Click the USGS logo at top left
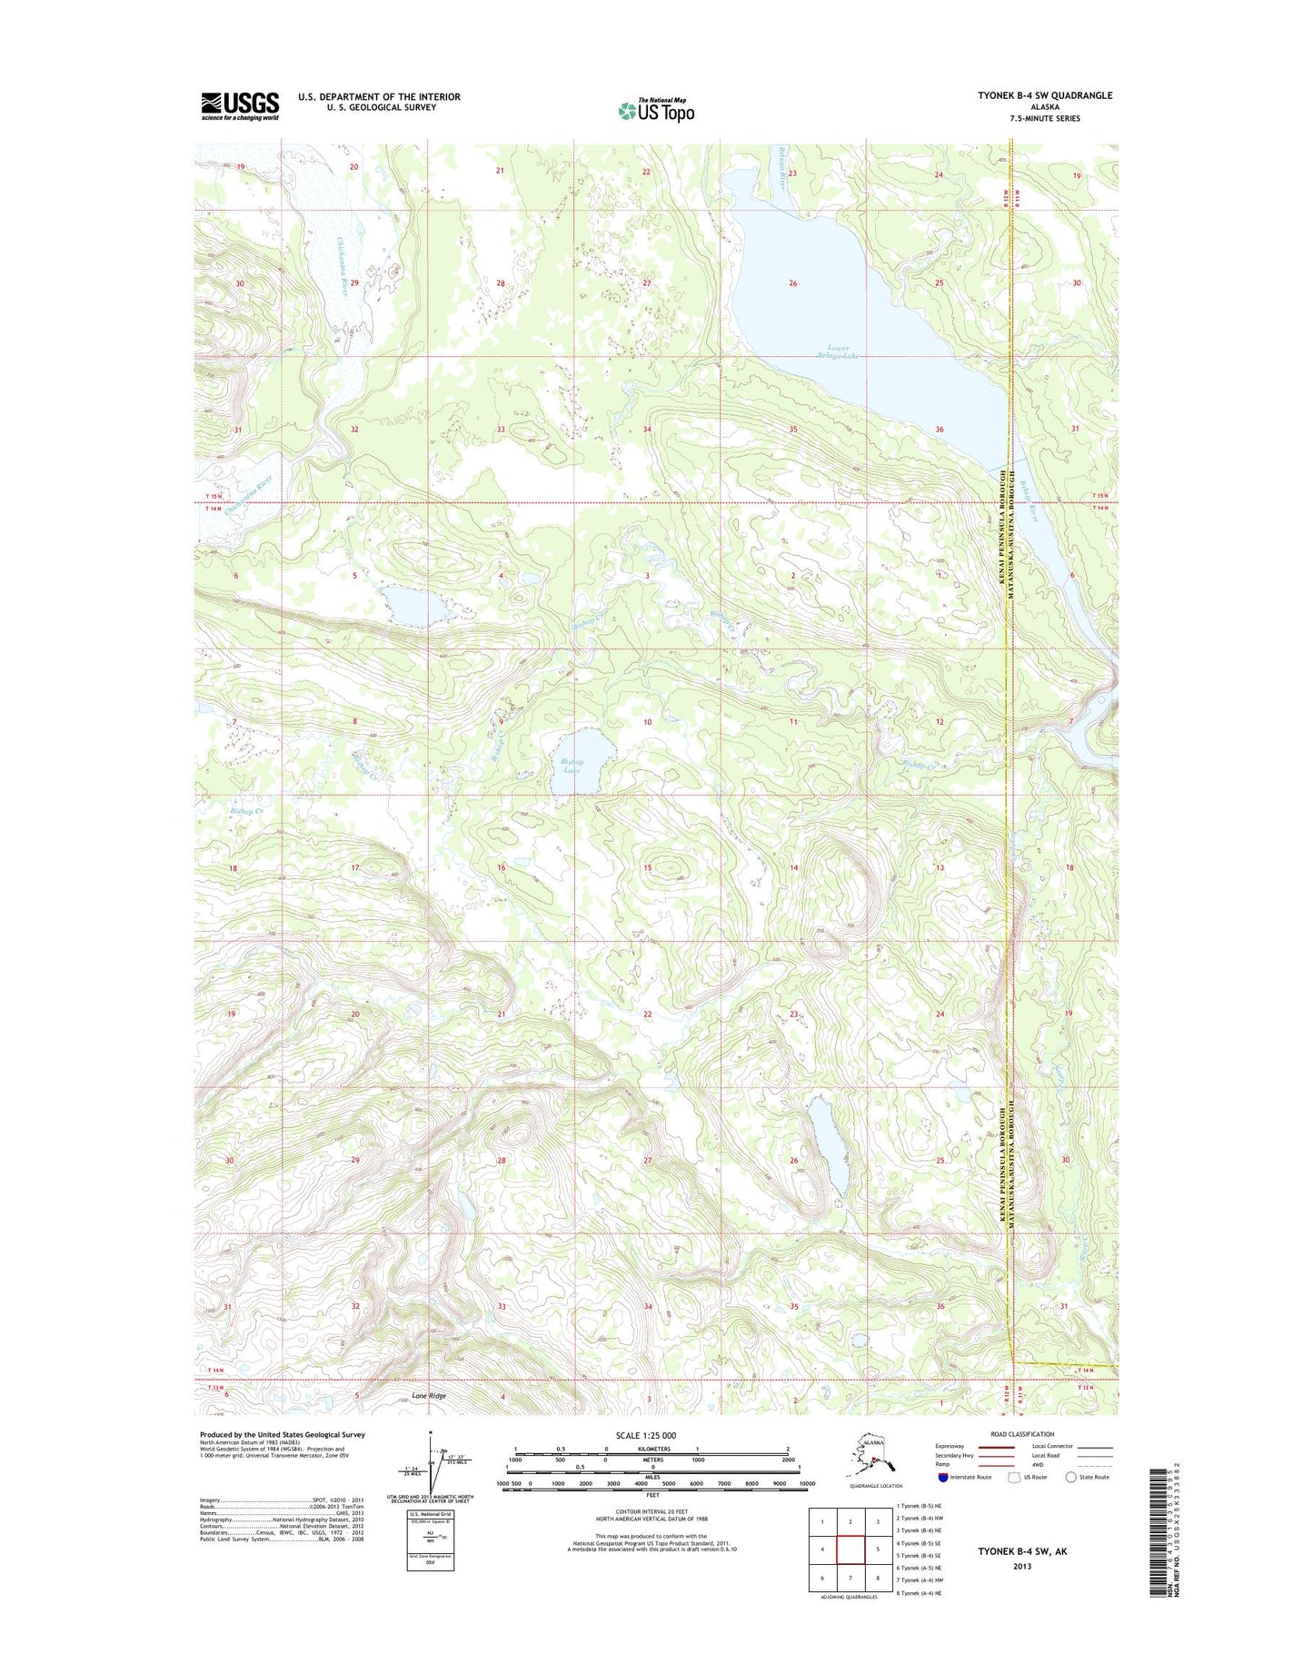(x=240, y=105)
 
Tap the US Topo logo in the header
(x=656, y=110)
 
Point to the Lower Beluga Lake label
(x=839, y=351)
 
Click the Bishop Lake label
(x=571, y=766)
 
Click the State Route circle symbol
(x=1071, y=1477)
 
